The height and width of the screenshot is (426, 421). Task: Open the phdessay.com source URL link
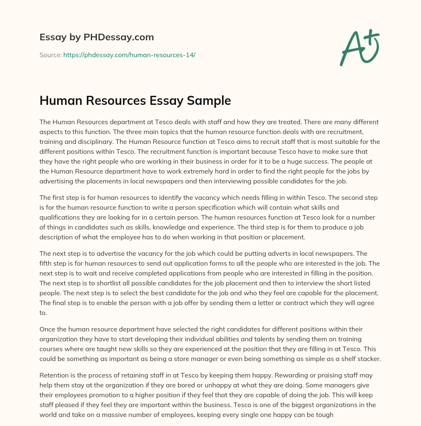pyautogui.click(x=129, y=55)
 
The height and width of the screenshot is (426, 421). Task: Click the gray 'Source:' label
pyautogui.click(x=51, y=55)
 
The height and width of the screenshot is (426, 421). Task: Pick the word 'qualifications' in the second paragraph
pyautogui.click(x=58, y=217)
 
